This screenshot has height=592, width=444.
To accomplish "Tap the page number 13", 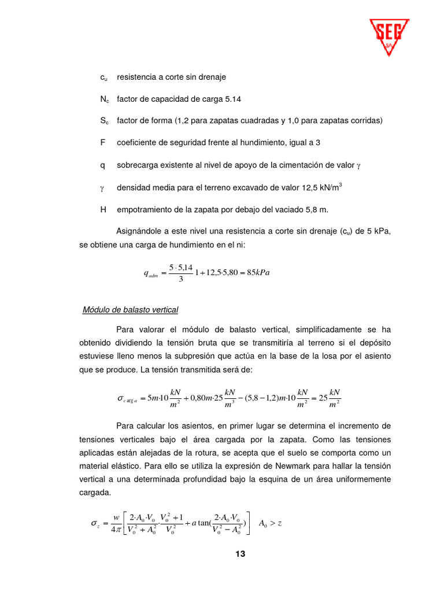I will coord(240,554).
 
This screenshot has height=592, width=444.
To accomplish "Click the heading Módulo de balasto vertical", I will coord(131,310).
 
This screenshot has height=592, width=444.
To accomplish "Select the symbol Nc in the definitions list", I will coord(104,99).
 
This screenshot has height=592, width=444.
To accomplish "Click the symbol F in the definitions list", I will coord(102,143).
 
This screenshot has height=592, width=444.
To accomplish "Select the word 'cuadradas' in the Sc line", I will coord(261,121).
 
